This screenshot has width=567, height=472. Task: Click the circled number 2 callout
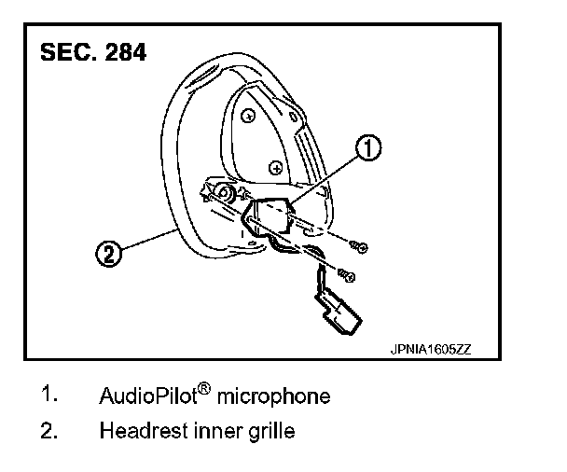[x=110, y=253]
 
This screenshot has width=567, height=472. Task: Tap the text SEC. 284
[x=92, y=52]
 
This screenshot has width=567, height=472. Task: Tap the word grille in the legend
[x=271, y=432]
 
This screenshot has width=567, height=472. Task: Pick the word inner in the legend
[x=214, y=432]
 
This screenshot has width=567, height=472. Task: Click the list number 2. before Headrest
[x=51, y=431]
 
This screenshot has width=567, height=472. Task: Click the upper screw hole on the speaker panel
[x=250, y=117]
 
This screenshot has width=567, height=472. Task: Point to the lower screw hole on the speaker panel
[x=274, y=167]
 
